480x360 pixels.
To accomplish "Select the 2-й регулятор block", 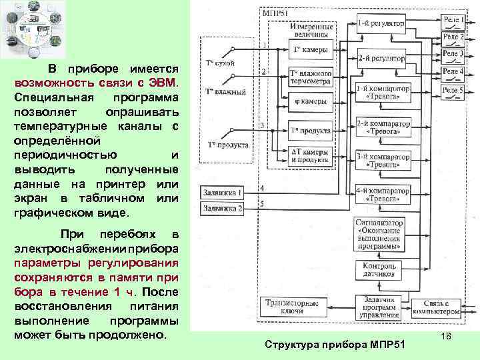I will coord(381,58).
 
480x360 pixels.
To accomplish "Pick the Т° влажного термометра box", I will coord(311,77).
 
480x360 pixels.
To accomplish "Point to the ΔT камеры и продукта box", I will coord(311,155).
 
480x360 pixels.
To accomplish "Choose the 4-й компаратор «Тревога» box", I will coord(381,193).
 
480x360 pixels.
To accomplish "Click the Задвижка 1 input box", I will coord(223,193).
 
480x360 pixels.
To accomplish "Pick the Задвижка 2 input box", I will coord(223,208).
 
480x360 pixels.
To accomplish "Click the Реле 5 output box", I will coord(453,90).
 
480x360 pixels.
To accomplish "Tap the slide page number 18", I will coord(447,339).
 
